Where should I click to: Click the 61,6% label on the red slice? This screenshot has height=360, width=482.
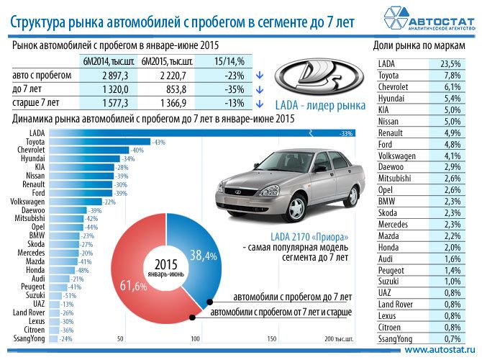(129, 287)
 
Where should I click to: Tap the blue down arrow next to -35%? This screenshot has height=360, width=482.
(259, 88)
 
